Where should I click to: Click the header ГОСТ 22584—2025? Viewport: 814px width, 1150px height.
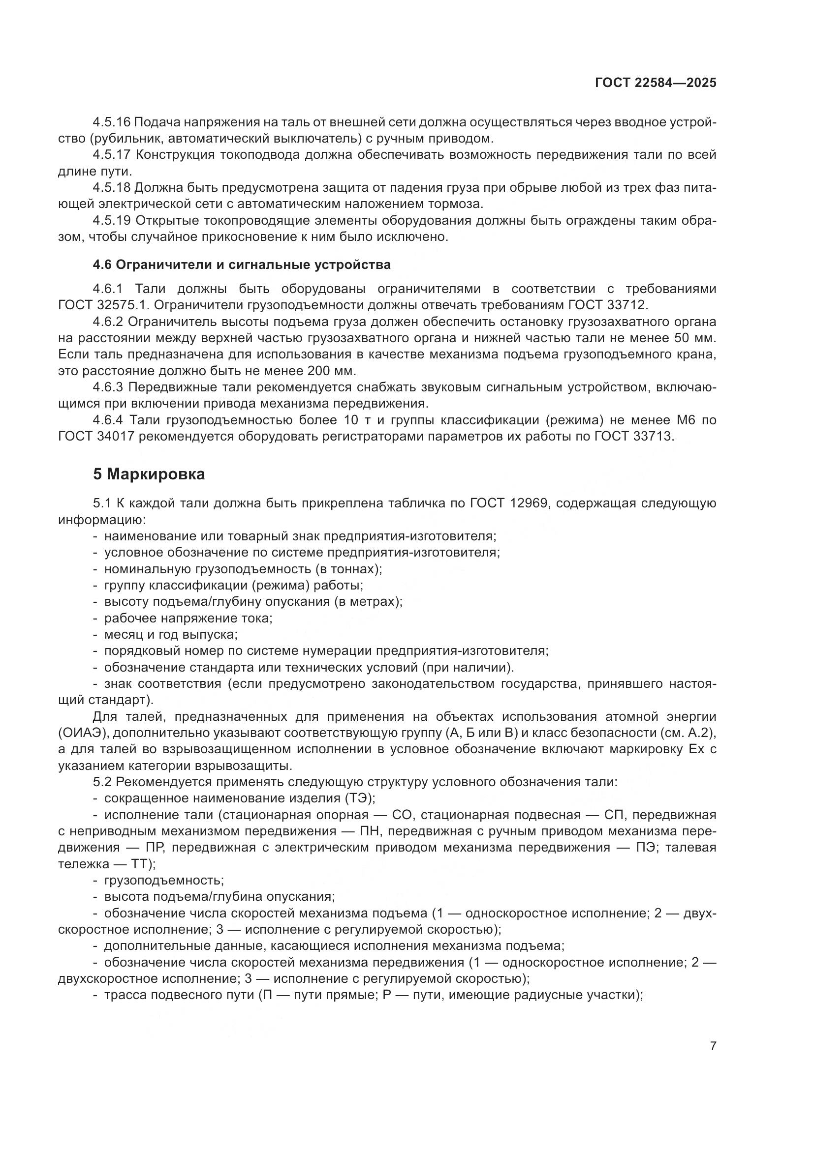pos(655,83)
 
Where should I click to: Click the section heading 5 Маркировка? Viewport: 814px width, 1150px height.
pos(149,474)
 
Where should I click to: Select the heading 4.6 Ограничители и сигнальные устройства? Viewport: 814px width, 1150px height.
pos(242,265)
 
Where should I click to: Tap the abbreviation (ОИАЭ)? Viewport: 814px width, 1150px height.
pos(84,733)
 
